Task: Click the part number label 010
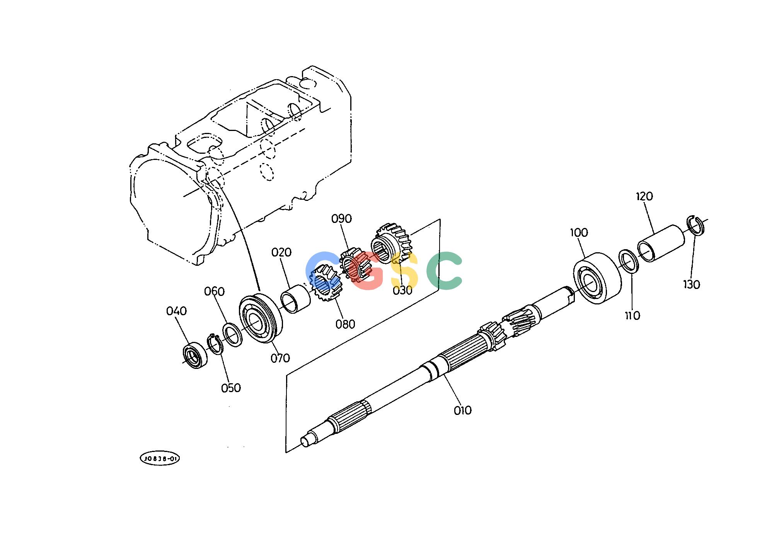[463, 410]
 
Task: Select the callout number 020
[281, 253]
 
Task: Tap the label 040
[176, 311]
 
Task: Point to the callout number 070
[280, 359]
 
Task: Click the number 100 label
[579, 233]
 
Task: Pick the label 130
[692, 285]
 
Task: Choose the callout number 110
[632, 316]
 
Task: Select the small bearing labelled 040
[194, 354]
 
